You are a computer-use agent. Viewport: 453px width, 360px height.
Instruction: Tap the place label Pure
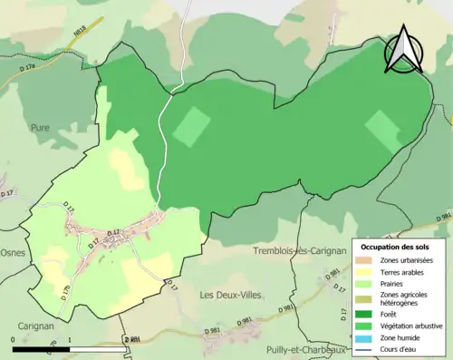[40, 129]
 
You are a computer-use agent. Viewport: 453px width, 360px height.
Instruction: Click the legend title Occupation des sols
[395, 247]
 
